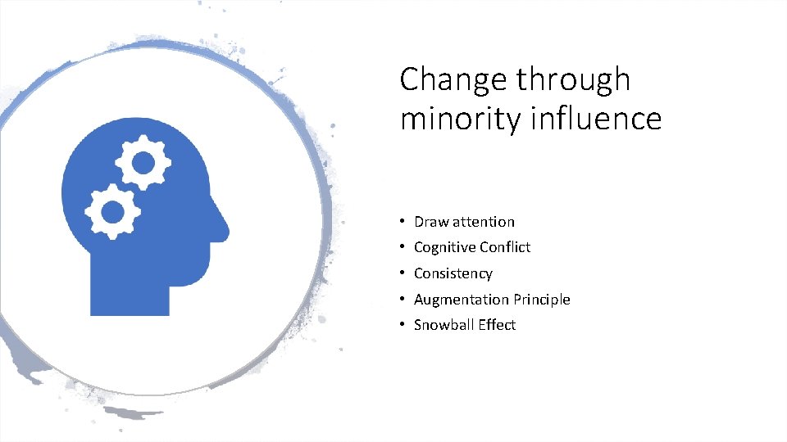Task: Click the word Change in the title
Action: tap(453, 80)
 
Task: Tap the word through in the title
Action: tap(574, 80)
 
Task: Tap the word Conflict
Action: tap(506, 247)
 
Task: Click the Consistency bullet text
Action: tap(453, 273)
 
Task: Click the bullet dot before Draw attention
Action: tap(403, 222)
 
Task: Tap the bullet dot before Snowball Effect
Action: tap(403, 325)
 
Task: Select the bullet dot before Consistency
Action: tap(403, 273)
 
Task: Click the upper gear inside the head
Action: tap(143, 162)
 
